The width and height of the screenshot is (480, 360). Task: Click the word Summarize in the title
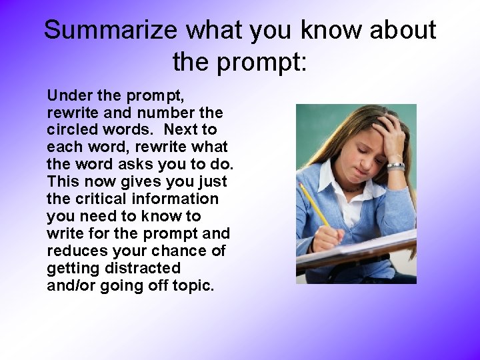click(111, 31)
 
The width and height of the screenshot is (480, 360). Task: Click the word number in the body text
click(169, 112)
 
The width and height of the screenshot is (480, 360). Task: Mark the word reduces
click(76, 251)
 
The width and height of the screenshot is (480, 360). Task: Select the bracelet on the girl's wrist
click(396, 165)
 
